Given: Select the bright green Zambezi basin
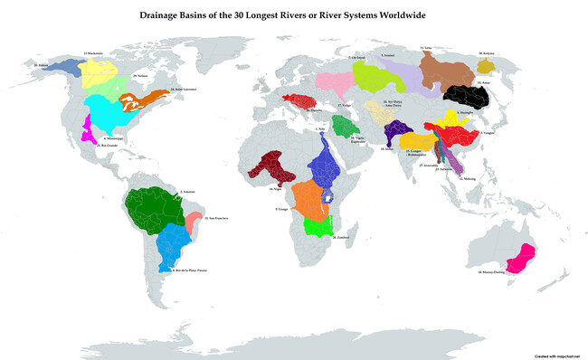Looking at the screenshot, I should [320, 226].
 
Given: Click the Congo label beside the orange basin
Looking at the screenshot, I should [281, 209].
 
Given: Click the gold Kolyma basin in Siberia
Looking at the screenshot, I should [486, 66].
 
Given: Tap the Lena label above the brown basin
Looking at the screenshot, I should [425, 45].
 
